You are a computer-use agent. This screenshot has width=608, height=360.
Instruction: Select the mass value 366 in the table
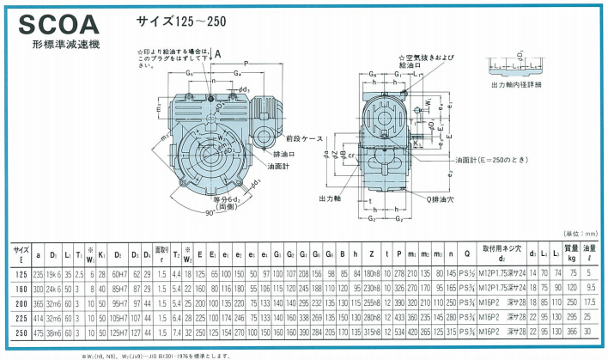click(x=571, y=331)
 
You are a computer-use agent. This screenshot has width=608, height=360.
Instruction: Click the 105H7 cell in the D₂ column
click(x=120, y=316)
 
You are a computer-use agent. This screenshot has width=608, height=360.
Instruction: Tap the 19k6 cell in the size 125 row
click(x=54, y=272)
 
